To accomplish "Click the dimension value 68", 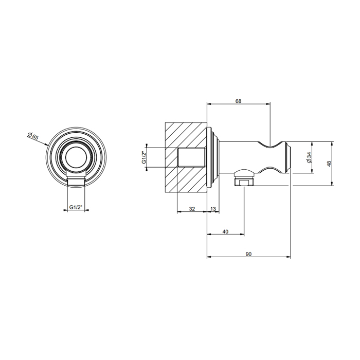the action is tap(238, 101).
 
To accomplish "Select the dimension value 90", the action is tap(248, 254).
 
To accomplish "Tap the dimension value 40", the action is tap(225, 231).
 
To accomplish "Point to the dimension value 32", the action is tap(192, 209).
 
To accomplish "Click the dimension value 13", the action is tap(213, 209).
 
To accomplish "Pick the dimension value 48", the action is tap(329, 164).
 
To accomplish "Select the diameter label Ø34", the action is tap(309, 158).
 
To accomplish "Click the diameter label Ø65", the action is tap(32, 136).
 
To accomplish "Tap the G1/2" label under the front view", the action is tap(76, 207).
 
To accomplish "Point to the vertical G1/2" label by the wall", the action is tap(144, 157).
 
